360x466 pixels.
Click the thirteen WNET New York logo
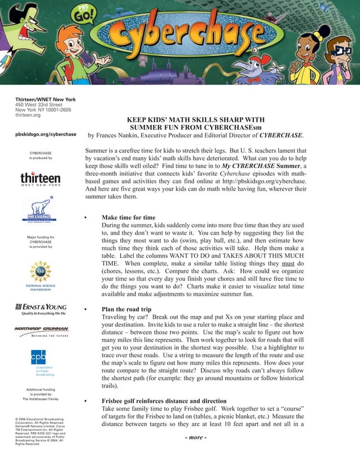click(x=40, y=179)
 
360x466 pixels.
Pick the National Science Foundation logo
click(x=40, y=275)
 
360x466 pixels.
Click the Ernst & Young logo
click(x=40, y=309)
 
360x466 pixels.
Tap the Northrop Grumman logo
click(x=41, y=331)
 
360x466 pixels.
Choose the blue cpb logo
click(x=38, y=357)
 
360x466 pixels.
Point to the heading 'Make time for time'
click(x=128, y=217)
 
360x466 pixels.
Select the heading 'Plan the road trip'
click(x=126, y=309)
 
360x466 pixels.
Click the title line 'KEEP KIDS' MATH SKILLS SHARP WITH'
click(x=195, y=120)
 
